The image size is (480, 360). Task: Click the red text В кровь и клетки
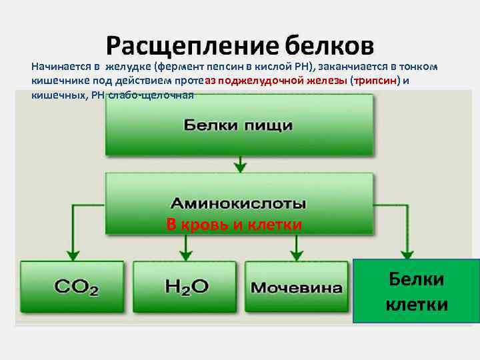[234, 225]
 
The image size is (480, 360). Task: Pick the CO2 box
[76, 287]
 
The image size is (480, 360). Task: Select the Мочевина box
[297, 288]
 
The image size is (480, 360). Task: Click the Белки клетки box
[417, 291]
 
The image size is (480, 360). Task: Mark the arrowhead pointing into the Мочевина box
[294, 255]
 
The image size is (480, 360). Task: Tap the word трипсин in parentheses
[375, 81]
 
